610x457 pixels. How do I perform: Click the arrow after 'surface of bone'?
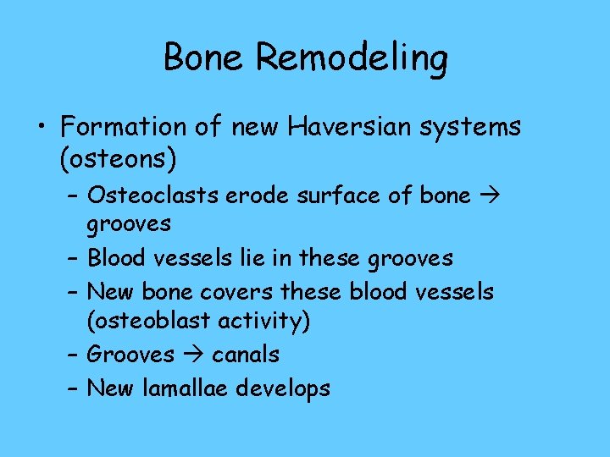[485, 196]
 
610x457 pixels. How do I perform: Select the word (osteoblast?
[147, 322]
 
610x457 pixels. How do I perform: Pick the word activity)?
[263, 322]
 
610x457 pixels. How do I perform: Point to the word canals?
[245, 354]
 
